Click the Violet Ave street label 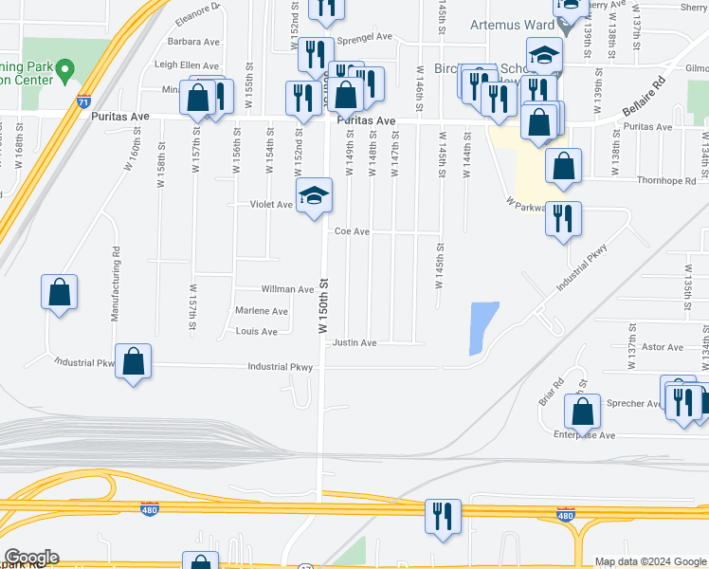(271, 204)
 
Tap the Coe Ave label (351, 230)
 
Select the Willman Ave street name (287, 289)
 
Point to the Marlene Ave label (261, 311)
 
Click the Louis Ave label (256, 332)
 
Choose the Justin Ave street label (354, 342)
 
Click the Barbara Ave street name (193, 42)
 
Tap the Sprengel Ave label (364, 37)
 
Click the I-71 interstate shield (84, 100)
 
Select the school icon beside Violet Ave (315, 196)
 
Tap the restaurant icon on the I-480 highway (443, 517)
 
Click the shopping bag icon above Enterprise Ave (582, 412)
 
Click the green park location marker (64, 69)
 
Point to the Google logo (31, 558)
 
